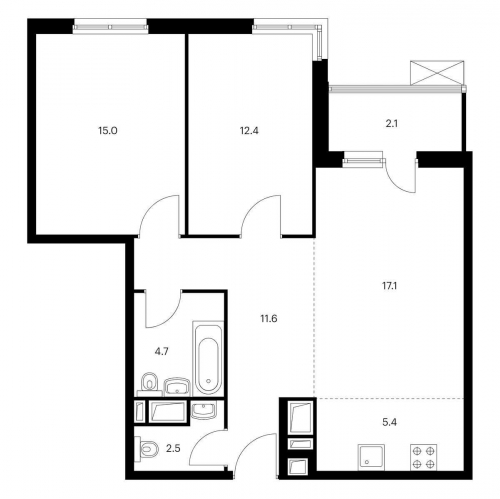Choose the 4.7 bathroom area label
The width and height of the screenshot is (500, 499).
(x=161, y=351)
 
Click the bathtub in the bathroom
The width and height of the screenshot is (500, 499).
(x=207, y=358)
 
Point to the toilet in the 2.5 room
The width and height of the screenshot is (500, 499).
(x=147, y=449)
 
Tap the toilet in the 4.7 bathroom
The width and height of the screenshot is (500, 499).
(x=148, y=383)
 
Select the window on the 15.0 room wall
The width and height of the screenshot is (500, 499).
(x=103, y=26)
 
